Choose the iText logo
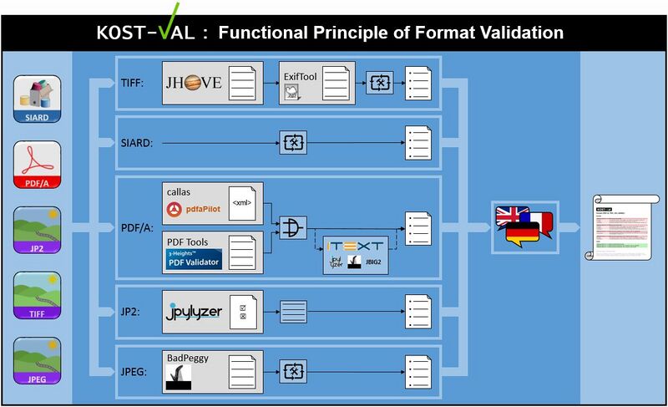[x=357, y=245]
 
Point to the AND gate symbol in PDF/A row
[x=292, y=226]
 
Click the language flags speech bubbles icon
[x=524, y=226]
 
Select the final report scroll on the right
[x=622, y=226]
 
